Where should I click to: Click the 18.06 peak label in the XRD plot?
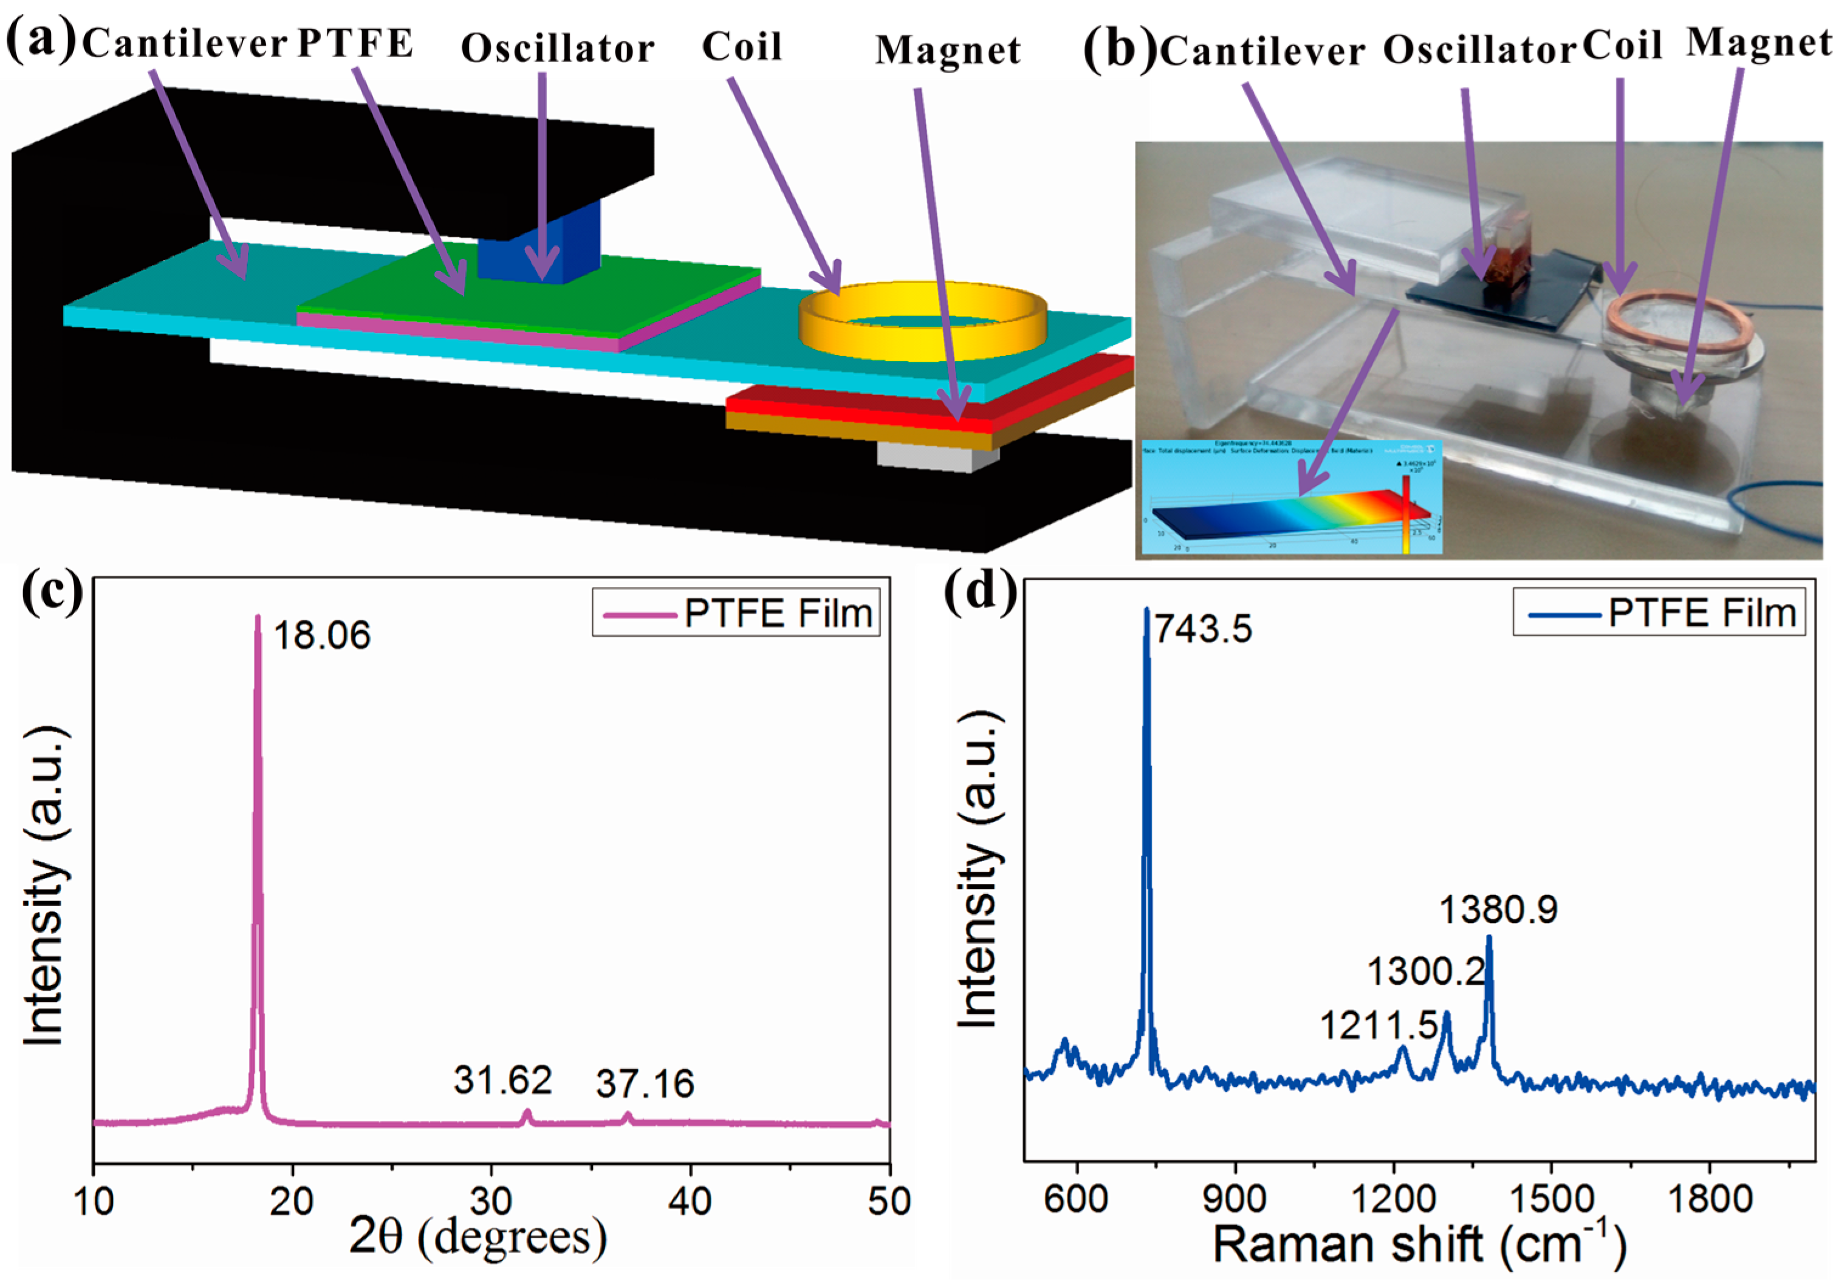[x=322, y=636]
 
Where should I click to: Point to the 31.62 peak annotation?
[x=503, y=1080]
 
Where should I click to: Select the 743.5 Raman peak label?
[x=1203, y=629]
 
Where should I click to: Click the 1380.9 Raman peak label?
[x=1498, y=910]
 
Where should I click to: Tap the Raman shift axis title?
[x=1419, y=1244]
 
